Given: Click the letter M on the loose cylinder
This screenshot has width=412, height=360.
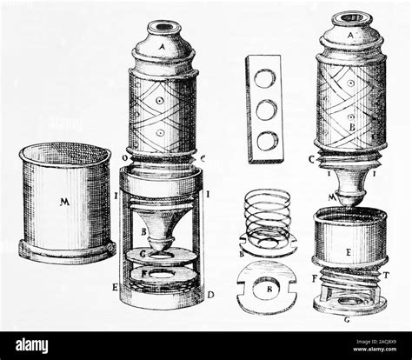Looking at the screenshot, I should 63,203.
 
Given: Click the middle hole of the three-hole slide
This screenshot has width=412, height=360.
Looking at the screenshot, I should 267,109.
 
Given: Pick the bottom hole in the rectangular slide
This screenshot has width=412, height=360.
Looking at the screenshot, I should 267,137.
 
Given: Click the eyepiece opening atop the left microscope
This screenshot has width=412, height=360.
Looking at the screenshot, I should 163,28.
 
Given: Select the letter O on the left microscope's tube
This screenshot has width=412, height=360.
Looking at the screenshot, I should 128,157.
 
